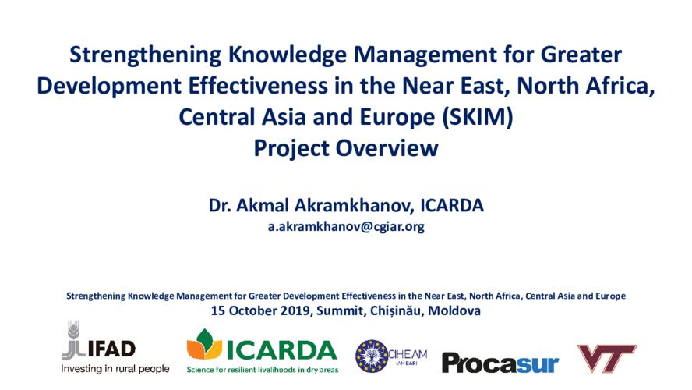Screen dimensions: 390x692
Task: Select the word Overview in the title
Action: coord(391,147)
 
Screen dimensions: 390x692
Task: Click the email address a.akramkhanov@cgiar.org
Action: coord(346,227)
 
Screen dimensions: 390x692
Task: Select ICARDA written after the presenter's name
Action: coord(452,206)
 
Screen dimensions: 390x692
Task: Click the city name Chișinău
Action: coord(392,310)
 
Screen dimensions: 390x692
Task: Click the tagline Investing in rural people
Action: coord(115,368)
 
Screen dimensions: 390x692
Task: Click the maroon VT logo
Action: coord(605,358)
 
